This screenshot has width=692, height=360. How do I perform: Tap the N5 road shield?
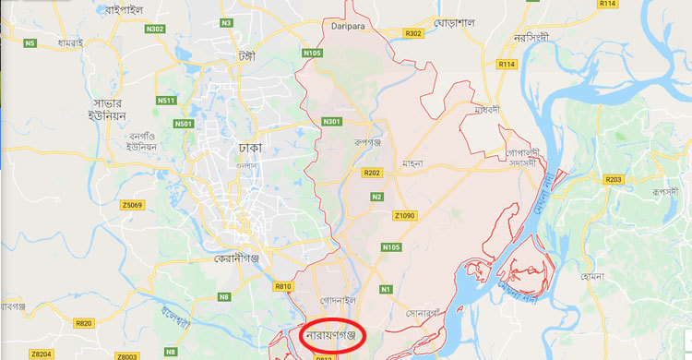30,43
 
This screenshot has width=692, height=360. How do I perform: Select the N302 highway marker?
156,30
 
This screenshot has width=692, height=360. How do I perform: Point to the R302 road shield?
413,33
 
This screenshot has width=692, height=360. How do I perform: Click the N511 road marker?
166,100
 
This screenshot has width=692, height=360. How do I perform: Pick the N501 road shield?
184,124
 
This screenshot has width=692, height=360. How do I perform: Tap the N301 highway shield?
331,121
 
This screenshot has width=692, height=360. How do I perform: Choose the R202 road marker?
373,173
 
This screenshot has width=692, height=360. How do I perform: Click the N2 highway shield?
376,197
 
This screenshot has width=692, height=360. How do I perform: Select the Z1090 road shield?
406,215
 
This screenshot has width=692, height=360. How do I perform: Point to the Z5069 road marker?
131,204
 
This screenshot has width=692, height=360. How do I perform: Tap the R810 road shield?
283,287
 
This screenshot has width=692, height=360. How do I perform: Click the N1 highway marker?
387,290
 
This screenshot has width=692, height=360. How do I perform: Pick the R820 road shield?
84,323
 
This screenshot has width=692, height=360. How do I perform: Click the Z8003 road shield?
127,354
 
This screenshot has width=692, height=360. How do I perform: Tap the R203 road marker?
614,179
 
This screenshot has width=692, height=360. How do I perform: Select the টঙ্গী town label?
245,54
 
